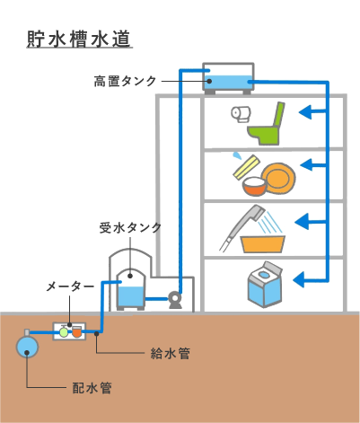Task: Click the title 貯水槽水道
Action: click(x=79, y=39)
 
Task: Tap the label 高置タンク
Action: click(x=125, y=81)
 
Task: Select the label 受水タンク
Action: click(x=130, y=228)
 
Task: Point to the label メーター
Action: click(x=70, y=287)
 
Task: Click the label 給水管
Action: click(x=170, y=354)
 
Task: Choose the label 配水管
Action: click(x=92, y=388)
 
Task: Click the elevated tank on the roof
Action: click(x=228, y=78)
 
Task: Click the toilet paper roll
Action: click(x=241, y=114)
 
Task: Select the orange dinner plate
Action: click(x=278, y=178)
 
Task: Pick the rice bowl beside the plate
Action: click(x=254, y=186)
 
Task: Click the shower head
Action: click(x=257, y=212)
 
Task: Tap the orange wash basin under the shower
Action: click(x=262, y=244)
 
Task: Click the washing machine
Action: click(x=265, y=285)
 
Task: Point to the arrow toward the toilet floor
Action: click(x=312, y=112)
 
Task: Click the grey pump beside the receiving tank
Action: click(x=175, y=300)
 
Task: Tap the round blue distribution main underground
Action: click(x=27, y=347)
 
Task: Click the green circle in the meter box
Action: click(x=64, y=332)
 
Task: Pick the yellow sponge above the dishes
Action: click(x=246, y=167)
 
